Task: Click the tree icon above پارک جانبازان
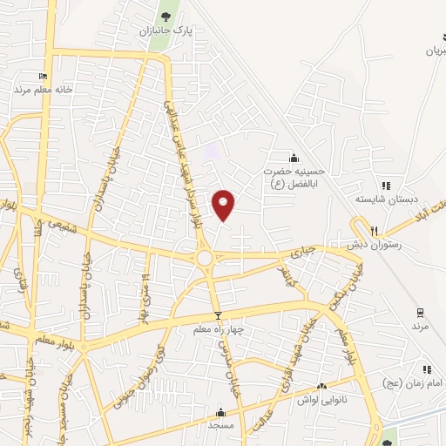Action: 166,16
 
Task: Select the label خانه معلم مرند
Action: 47,90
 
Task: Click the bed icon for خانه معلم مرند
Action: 44,77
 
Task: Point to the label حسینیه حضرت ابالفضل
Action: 294,178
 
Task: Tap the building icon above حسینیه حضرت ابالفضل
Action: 294,158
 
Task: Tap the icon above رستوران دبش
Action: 374,231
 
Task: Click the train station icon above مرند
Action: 421,312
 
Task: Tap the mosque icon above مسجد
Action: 220,413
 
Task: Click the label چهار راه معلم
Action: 218,330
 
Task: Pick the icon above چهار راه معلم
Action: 218,315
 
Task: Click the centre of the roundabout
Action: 206,257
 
